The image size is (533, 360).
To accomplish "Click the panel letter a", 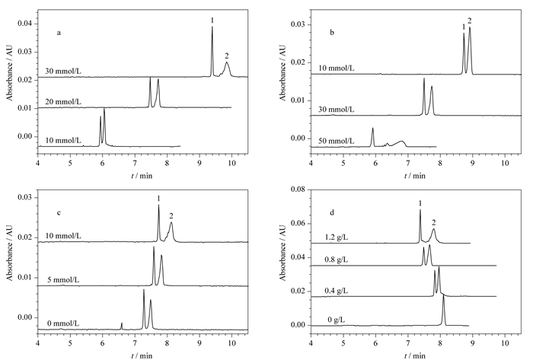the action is (x=59, y=33).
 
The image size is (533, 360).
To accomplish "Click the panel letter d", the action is (x=332, y=212).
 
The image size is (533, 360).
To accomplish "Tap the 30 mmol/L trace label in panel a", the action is (x=63, y=72).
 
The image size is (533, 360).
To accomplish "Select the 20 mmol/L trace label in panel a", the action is (x=63, y=102).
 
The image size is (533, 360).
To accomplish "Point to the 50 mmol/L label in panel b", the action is (x=337, y=141).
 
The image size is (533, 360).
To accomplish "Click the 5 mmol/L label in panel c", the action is (x=63, y=280).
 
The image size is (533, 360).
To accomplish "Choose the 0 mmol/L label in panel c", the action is (x=63, y=323).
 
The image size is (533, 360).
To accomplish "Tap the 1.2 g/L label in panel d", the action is (x=337, y=237).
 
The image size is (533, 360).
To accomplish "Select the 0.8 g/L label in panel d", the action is (x=337, y=260).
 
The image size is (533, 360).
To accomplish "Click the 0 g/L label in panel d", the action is (x=337, y=320).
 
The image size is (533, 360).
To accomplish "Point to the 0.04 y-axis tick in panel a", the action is (x=25, y=24).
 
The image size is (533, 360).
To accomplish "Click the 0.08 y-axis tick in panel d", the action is (x=298, y=190).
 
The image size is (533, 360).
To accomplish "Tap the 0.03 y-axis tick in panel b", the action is (x=298, y=25).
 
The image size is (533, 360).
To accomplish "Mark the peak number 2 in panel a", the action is (x=227, y=56).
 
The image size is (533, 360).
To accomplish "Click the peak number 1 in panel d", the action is (x=420, y=203).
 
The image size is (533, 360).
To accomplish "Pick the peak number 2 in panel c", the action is (x=171, y=215).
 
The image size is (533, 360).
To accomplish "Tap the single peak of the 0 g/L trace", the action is (x=443, y=310).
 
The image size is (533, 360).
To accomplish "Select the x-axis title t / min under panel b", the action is (x=414, y=176).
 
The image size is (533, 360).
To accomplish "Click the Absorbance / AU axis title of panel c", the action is (x=9, y=252).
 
